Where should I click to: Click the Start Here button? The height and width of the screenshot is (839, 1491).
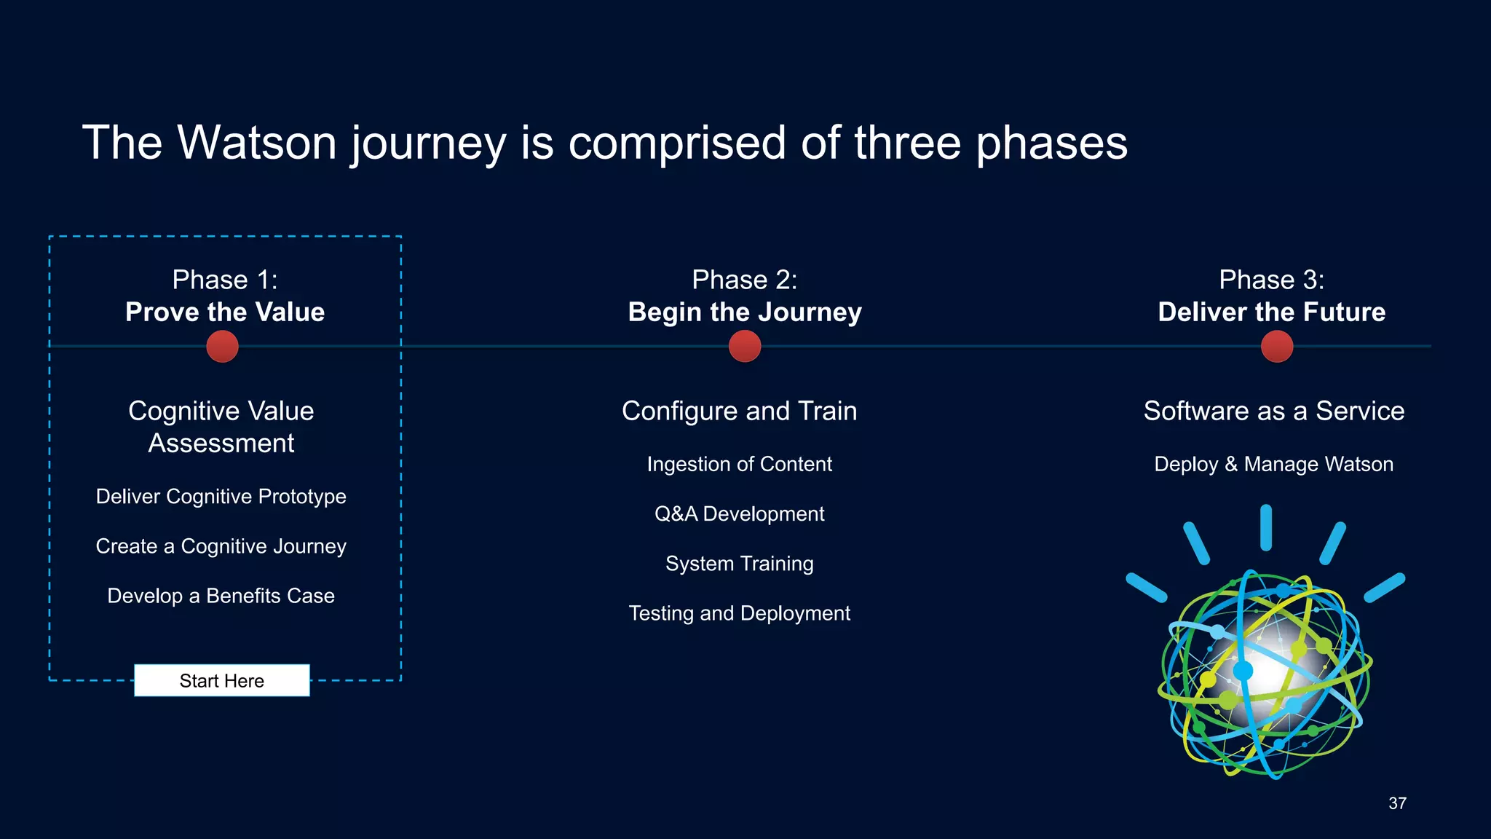221,680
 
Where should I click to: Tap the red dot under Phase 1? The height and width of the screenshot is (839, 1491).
222,346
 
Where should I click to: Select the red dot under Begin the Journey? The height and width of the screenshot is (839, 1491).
744,346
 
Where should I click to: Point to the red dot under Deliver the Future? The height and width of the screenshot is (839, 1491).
1276,346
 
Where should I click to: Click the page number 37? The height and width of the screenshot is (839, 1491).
1396,803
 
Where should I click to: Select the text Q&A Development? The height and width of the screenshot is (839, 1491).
739,514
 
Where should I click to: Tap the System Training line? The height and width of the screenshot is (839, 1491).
739,564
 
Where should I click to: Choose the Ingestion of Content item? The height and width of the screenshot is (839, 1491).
739,465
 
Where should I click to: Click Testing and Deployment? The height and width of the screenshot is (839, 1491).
739,613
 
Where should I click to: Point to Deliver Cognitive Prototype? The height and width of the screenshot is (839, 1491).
221,497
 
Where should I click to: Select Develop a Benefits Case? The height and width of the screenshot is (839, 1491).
221,596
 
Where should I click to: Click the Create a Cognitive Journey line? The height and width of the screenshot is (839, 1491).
221,546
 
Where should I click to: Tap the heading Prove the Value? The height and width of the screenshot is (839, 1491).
225,312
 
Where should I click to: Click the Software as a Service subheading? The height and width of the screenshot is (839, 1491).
1273,411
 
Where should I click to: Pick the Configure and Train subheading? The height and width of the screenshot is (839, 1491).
739,411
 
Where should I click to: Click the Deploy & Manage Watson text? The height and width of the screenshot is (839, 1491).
1273,465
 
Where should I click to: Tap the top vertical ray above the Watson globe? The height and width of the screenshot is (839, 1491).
1265,527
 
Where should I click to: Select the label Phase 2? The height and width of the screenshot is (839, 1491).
744,280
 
